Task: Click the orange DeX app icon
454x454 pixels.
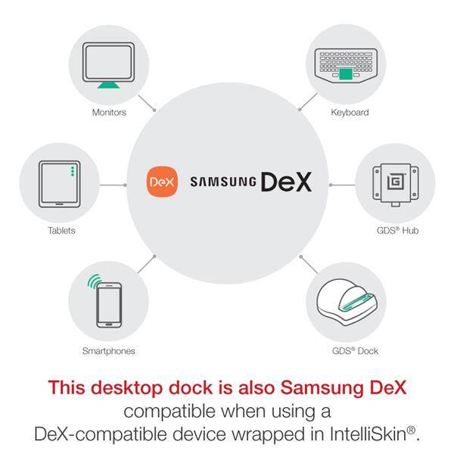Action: coord(162,182)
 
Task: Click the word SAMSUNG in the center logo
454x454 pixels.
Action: coord(223,182)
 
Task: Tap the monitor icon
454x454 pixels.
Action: coord(108,65)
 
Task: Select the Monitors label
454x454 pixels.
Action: coord(109,112)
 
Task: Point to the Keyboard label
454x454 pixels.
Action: coord(350,112)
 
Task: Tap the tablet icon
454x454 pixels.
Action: coord(60,184)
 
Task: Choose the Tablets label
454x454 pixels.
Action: coord(61,231)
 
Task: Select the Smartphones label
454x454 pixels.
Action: coord(108,351)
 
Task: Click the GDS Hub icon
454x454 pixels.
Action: coord(396,185)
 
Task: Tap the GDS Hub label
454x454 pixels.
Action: coord(397,231)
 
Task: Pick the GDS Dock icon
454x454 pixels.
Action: coord(347,302)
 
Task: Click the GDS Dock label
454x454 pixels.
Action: coord(356,351)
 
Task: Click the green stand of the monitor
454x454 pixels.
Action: coord(108,85)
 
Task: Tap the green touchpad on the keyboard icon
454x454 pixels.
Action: coord(346,74)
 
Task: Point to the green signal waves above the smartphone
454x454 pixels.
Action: coord(95,281)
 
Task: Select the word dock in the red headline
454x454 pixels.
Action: coord(191,387)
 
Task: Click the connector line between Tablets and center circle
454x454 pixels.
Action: coord(112,185)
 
